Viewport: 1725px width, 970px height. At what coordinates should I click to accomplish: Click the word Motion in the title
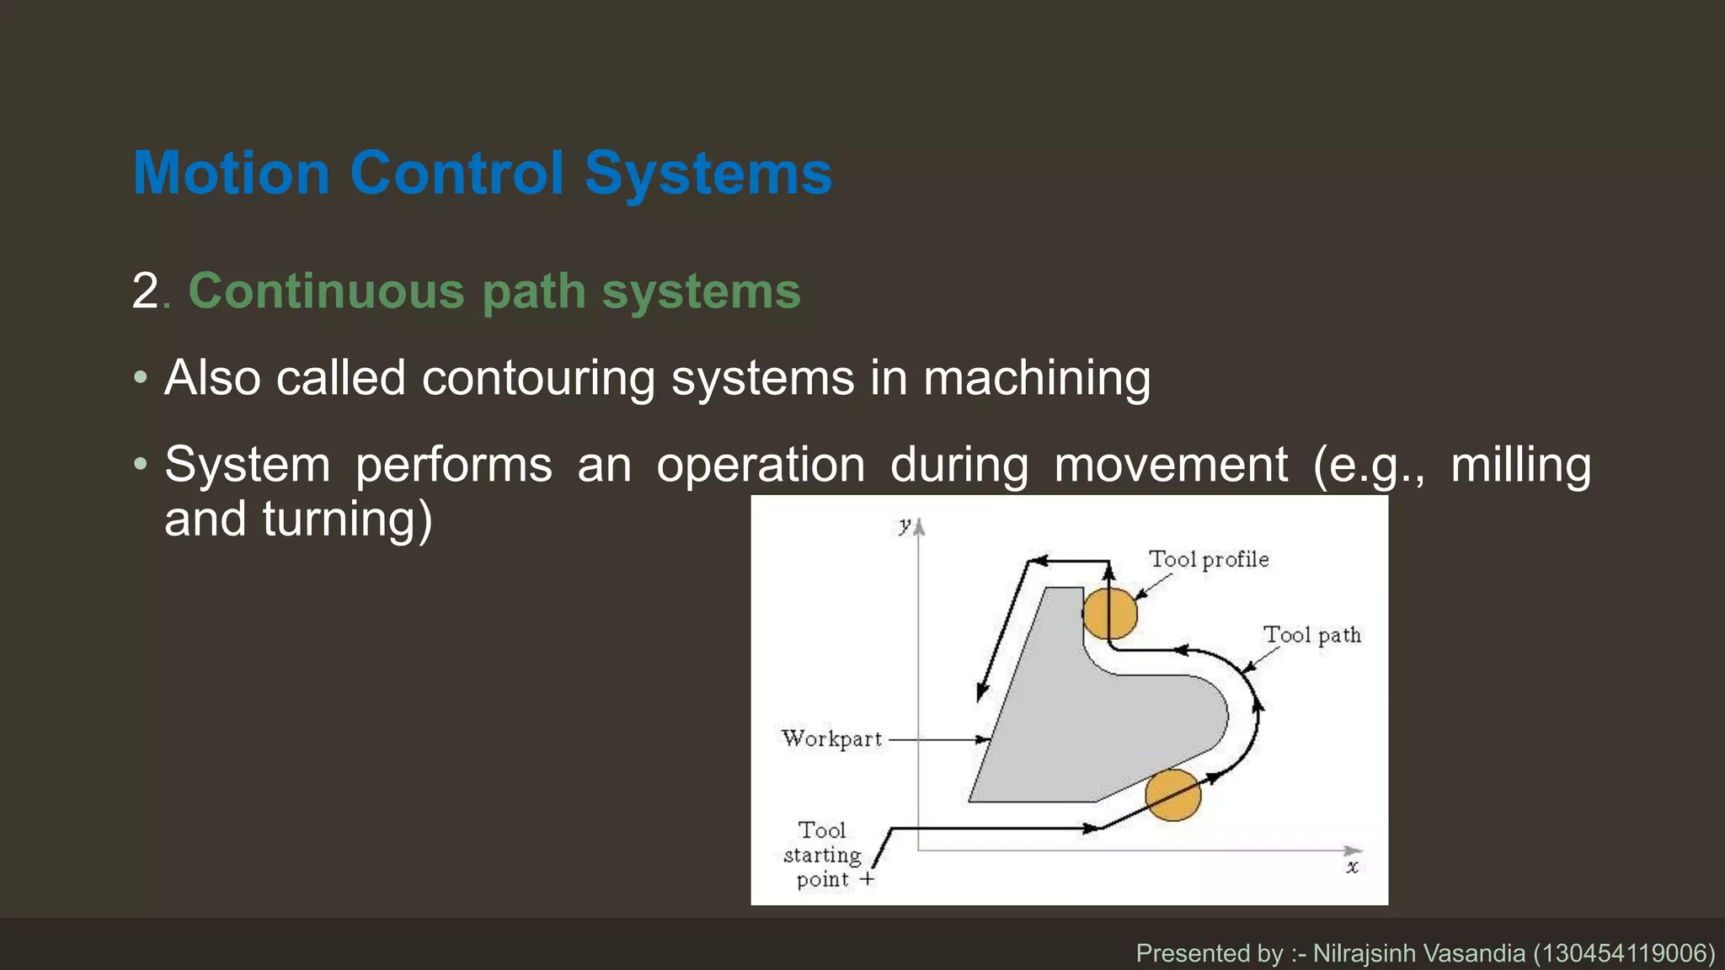[x=231, y=173]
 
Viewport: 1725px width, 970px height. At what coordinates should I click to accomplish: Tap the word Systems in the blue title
[x=708, y=173]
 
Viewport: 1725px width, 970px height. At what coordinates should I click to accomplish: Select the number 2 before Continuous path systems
[x=146, y=291]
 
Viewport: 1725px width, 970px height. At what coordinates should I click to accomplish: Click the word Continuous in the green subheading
[x=326, y=291]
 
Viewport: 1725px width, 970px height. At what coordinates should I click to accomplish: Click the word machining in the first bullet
[x=1037, y=377]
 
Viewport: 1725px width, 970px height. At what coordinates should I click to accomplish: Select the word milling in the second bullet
[x=1520, y=465]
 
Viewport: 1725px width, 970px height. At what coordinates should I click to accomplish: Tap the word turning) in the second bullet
[x=347, y=519]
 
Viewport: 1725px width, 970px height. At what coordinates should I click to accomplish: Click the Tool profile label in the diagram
[x=1209, y=559]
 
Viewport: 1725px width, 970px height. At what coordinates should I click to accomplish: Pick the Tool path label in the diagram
[x=1311, y=635]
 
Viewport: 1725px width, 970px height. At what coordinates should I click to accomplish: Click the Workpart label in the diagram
[x=831, y=738]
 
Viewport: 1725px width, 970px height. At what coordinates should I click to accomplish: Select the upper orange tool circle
[x=1109, y=614]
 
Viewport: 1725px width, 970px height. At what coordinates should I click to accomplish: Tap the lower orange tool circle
[x=1172, y=795]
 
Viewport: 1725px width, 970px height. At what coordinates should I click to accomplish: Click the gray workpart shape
[x=1095, y=724]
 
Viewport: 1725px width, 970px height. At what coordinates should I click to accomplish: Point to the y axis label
[x=905, y=525]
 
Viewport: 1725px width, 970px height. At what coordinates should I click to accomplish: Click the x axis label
[x=1352, y=866]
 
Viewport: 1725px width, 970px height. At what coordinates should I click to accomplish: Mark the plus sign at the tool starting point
[x=867, y=880]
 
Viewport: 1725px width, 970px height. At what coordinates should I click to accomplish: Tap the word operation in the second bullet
[x=761, y=465]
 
